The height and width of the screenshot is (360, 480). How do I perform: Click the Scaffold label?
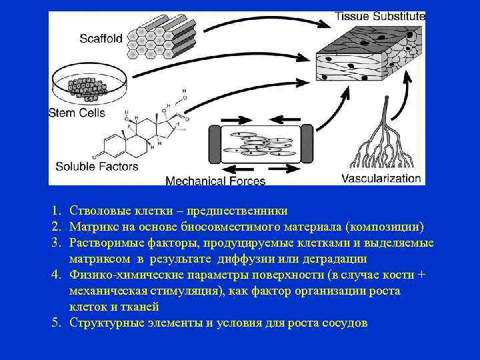(101, 38)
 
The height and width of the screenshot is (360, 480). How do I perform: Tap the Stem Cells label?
(77, 113)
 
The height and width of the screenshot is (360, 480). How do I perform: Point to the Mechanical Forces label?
(215, 180)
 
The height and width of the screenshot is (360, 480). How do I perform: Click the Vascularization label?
(381, 178)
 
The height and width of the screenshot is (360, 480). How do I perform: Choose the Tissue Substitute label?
(379, 16)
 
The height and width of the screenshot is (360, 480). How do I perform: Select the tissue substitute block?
(367, 60)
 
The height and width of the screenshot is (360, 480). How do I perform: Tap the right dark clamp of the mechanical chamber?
(307, 143)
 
